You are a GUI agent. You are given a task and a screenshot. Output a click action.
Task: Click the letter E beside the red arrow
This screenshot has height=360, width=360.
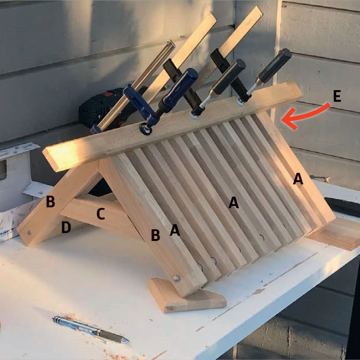pyautogui.click(x=337, y=96)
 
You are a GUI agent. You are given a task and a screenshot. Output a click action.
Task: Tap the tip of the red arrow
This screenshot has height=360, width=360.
pyautogui.click(x=282, y=120)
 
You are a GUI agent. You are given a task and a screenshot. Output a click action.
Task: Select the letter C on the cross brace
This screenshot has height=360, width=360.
pyautogui.click(x=100, y=213)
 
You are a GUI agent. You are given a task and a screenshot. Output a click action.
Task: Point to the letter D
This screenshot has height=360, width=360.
pyautogui.click(x=66, y=227)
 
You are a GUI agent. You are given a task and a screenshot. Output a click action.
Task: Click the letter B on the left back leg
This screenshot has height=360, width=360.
pyautogui.click(x=50, y=201)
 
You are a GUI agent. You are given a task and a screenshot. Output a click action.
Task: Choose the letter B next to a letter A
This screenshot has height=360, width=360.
pyautogui.click(x=155, y=235)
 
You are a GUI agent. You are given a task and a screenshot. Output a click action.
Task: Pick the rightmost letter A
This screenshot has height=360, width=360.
pyautogui.click(x=298, y=179)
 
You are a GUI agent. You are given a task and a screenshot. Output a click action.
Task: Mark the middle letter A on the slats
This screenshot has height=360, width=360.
pyautogui.click(x=233, y=203)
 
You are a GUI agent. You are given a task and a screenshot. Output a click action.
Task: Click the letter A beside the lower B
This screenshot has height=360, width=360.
pyautogui.click(x=175, y=230)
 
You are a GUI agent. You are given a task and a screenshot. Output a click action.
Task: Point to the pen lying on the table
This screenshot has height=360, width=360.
pyautogui.click(x=91, y=330)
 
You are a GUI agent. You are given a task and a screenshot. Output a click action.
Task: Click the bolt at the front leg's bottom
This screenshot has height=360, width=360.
pyautogui.click(x=176, y=278)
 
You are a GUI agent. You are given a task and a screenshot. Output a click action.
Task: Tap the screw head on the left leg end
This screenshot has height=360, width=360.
pyautogui.click(x=29, y=233)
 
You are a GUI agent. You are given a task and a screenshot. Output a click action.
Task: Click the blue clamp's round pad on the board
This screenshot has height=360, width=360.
pyautogui.click(x=146, y=130)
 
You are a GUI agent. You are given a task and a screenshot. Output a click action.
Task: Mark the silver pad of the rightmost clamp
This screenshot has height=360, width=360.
pyautogui.click(x=240, y=102)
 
